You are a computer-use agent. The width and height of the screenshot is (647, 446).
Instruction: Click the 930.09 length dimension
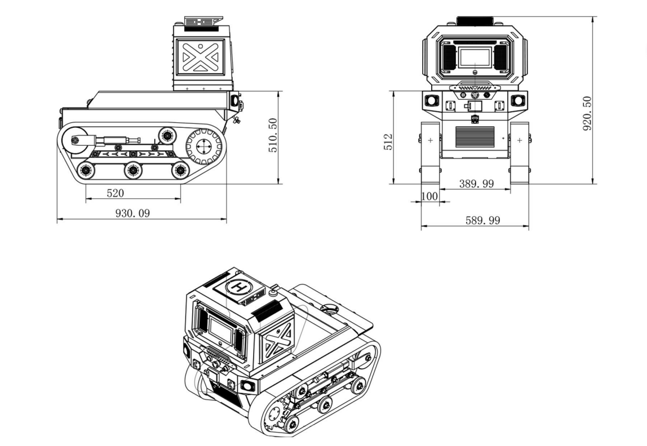coord(132,213)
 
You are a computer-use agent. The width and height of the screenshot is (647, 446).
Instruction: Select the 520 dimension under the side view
coord(115,193)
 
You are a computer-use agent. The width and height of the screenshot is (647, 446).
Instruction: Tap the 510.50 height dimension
coord(273,136)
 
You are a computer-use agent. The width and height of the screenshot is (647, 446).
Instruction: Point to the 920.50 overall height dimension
coord(587,113)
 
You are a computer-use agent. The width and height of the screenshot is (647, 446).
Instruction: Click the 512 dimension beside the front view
coord(389,142)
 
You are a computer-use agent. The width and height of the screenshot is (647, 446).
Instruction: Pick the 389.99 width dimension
coord(477,184)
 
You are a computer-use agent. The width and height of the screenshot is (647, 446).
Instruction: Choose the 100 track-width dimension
coord(429,196)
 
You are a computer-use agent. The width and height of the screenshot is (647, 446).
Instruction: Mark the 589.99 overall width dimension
coord(483,221)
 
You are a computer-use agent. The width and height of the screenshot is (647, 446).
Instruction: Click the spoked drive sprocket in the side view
coord(203,147)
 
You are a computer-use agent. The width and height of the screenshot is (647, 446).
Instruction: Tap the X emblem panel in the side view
coord(201,57)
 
